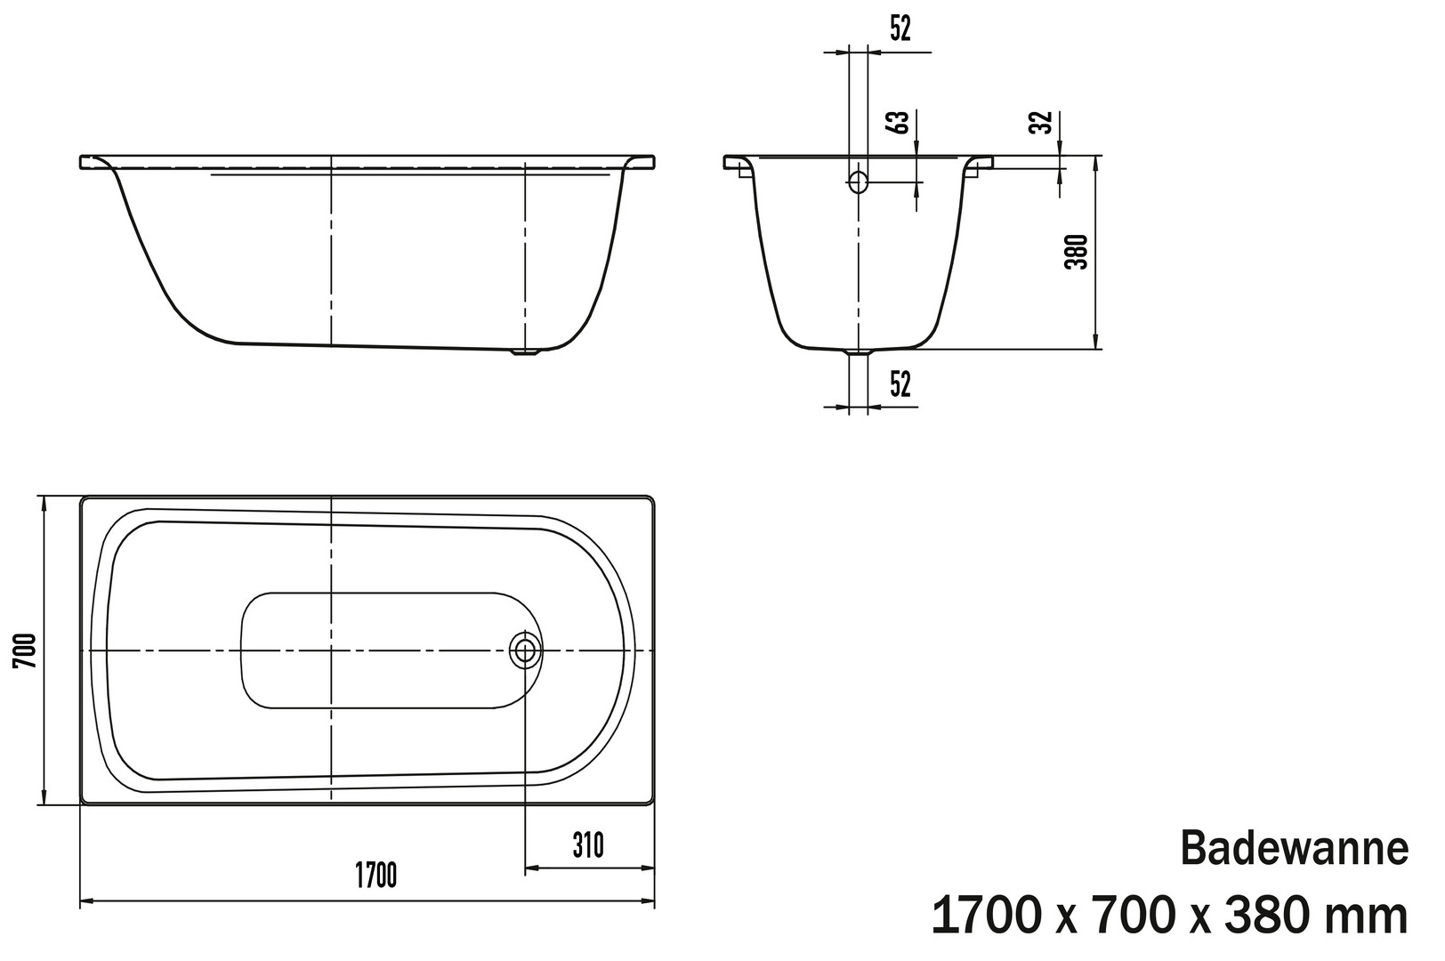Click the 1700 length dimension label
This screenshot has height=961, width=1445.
coord(376,876)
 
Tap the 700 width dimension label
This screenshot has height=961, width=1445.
coord(25,650)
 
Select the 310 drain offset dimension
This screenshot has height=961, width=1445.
coord(588,845)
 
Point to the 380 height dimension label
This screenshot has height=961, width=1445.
coord(1076,252)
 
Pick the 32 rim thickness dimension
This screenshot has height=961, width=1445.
coord(1040,123)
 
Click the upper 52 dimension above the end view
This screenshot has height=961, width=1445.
coord(900,28)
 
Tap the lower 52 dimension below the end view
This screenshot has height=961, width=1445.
coord(900,384)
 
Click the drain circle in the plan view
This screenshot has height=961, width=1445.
coord(525,650)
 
